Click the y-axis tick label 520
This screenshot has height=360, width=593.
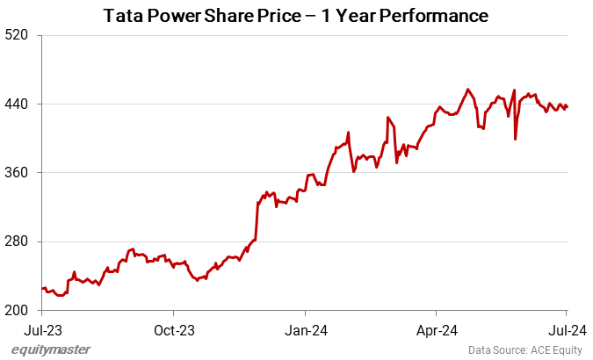(x=18, y=35)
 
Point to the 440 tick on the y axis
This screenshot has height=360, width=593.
(x=18, y=104)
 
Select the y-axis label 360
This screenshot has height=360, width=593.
(x=18, y=173)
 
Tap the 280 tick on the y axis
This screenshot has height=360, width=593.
(x=18, y=241)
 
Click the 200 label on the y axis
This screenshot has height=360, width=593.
(x=18, y=311)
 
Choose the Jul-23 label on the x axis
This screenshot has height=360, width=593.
(x=43, y=331)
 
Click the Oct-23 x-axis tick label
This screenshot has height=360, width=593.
(x=174, y=331)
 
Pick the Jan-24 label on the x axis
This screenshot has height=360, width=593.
(x=305, y=331)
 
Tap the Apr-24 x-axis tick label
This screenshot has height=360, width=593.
(x=436, y=331)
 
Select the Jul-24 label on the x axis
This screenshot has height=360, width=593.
(x=565, y=331)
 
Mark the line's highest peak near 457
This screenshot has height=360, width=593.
(x=467, y=89)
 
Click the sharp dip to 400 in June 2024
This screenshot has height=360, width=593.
(x=516, y=139)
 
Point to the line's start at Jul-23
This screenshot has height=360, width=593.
(x=42, y=288)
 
